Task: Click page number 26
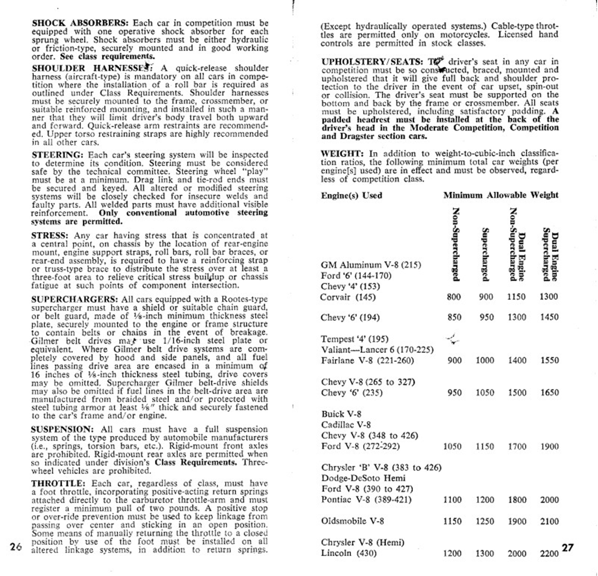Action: pos(16,547)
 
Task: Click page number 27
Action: pos(567,548)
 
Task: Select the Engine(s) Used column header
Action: pos(351,195)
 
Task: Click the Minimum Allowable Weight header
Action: pos(500,195)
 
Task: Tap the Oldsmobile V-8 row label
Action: pos(352,521)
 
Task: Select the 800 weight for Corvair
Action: pos(454,297)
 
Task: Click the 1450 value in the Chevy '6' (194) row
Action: pos(549,317)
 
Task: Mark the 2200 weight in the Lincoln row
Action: pos(549,554)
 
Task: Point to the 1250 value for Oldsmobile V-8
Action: pos(485,521)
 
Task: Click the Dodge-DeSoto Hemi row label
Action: pos(363,478)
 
